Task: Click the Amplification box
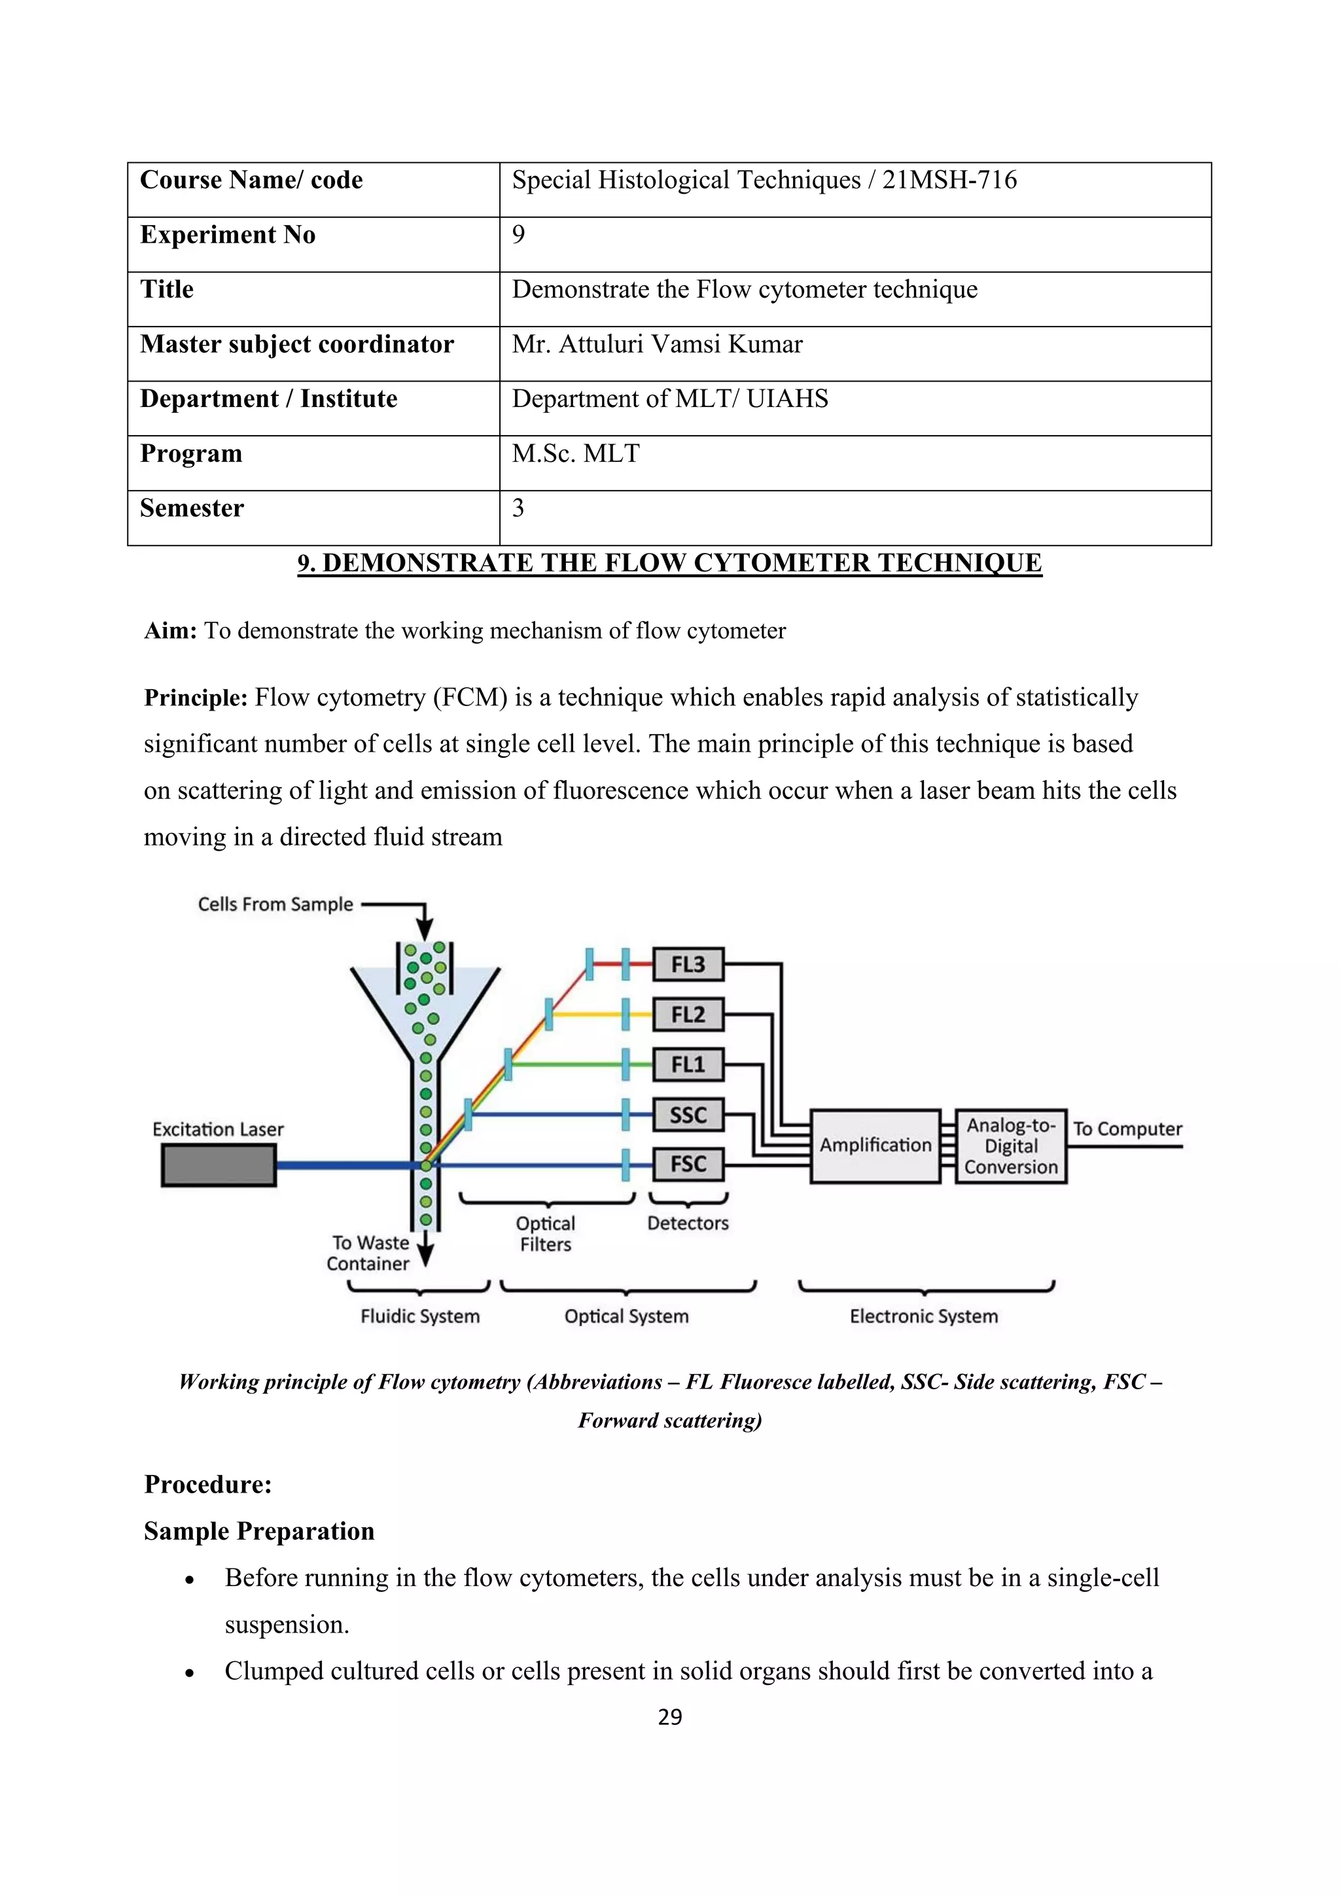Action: (x=875, y=1146)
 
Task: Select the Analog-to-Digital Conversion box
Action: (x=1011, y=1146)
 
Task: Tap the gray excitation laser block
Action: (x=219, y=1165)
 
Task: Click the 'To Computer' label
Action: (x=1127, y=1128)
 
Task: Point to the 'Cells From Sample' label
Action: (x=275, y=904)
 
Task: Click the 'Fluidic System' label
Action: (x=420, y=1316)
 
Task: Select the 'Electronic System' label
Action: (x=923, y=1316)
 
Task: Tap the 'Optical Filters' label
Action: (x=546, y=1234)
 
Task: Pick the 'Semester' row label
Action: (x=192, y=508)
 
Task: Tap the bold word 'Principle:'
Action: (x=196, y=698)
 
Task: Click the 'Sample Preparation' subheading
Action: (x=259, y=1531)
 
